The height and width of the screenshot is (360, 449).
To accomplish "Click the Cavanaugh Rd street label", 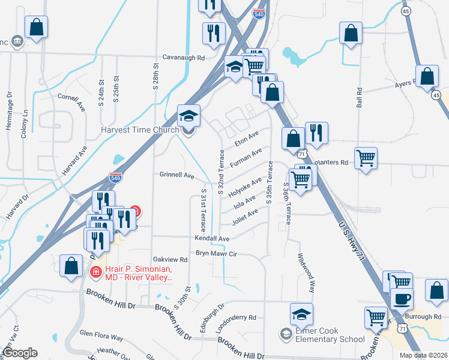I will pyautogui.click(x=184, y=58).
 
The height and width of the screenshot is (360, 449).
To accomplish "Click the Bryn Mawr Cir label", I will pyautogui.click(x=217, y=254).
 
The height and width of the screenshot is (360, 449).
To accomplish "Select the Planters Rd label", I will pyautogui.click(x=331, y=162).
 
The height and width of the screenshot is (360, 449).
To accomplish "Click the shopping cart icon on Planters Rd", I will pyautogui.click(x=366, y=158).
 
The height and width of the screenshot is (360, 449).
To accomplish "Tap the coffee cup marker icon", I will pyautogui.click(x=402, y=299).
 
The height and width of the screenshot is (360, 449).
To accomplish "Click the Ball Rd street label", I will pyautogui.click(x=360, y=98).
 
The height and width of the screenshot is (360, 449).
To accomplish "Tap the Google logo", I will pyautogui.click(x=19, y=353).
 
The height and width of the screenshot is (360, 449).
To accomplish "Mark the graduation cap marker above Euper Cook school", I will pyautogui.click(x=301, y=313).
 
